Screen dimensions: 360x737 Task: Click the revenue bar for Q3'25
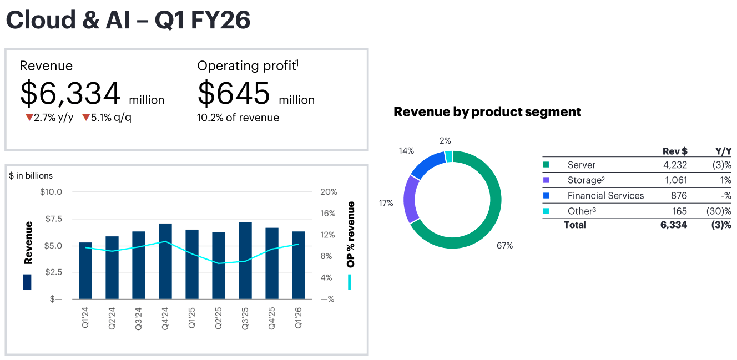pos(245,261)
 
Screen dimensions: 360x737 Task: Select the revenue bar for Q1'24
pos(85,271)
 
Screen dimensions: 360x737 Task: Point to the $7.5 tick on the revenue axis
pos(51,219)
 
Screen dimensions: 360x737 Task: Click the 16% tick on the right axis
pos(329,214)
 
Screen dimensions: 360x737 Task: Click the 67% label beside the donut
pos(504,245)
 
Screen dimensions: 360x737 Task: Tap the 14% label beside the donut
pos(406,150)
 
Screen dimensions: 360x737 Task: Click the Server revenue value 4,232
pos(675,165)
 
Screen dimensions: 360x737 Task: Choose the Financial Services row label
pos(605,196)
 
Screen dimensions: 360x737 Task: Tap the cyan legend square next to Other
pos(546,211)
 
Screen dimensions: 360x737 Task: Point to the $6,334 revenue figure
pos(70,93)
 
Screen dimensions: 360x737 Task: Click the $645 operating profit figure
pos(234,93)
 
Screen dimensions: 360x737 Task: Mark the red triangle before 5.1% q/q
pos(86,118)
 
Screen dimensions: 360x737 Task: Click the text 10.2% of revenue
pos(238,118)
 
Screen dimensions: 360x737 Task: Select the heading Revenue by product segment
pos(487,111)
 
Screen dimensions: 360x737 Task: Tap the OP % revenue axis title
pos(351,235)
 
